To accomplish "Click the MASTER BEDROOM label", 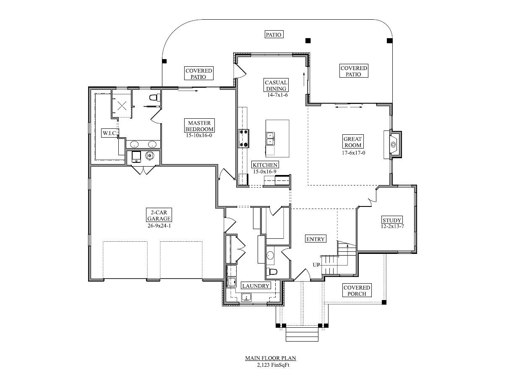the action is [x=199, y=126].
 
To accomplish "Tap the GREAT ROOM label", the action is [x=353, y=142].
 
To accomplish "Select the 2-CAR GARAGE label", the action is [x=159, y=215].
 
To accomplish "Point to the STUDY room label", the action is [x=392, y=220].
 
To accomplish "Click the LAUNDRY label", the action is [x=256, y=286].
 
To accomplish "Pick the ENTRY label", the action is [x=316, y=239].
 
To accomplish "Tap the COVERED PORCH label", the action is [x=357, y=290].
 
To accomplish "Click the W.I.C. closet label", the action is [x=110, y=133].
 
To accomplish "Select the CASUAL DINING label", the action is [x=276, y=85].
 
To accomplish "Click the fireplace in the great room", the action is [x=393, y=145].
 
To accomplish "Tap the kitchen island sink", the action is [x=270, y=138].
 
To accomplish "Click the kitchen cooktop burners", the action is [x=243, y=138].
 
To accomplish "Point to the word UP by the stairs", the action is [x=316, y=265].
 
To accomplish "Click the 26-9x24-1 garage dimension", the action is [x=159, y=226].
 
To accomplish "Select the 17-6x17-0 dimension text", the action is [x=353, y=153].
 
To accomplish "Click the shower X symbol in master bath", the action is [x=122, y=106].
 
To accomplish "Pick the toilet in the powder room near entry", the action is [x=271, y=272].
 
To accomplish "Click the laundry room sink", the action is [x=246, y=297].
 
